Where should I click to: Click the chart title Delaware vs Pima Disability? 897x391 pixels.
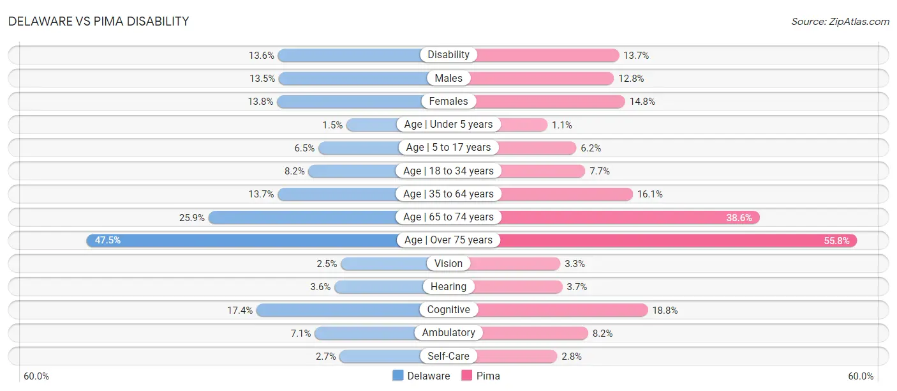coord(98,21)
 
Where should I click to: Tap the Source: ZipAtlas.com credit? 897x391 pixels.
coord(840,22)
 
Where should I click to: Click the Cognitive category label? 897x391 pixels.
coord(448,310)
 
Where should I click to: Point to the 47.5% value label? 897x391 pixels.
coord(108,240)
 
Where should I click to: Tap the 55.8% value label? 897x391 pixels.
coord(836,241)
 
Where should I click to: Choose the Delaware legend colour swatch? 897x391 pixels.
coord(397,376)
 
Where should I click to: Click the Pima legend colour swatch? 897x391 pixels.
coord(466,376)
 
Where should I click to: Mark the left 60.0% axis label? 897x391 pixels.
coord(36,376)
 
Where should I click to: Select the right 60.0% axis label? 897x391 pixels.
coord(861,376)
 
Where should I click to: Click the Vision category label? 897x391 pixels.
coord(448,263)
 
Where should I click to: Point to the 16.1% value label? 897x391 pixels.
coord(650,194)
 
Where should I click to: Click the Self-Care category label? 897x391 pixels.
coord(448,356)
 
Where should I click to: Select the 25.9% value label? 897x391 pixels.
coord(192,218)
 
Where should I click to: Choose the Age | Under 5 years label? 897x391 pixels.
coord(448,125)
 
